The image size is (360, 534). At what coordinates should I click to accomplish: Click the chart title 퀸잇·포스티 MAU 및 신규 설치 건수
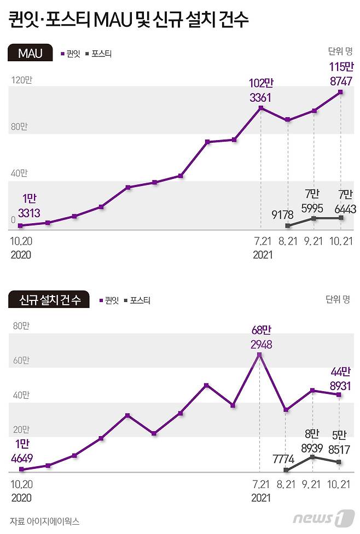(x=129, y=20)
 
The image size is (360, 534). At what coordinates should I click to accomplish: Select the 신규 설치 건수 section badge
(x=49, y=300)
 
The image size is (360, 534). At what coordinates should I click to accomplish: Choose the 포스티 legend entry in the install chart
(x=137, y=300)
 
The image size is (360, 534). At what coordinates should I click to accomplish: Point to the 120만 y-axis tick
(x=21, y=80)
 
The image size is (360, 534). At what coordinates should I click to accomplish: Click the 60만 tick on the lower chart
(x=21, y=361)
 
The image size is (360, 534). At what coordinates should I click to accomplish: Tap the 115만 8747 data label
(x=341, y=74)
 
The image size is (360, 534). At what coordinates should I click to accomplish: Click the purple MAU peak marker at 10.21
(x=341, y=92)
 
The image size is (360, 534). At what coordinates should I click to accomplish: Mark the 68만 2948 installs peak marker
(x=259, y=355)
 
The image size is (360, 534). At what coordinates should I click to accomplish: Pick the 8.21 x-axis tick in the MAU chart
(x=288, y=241)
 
